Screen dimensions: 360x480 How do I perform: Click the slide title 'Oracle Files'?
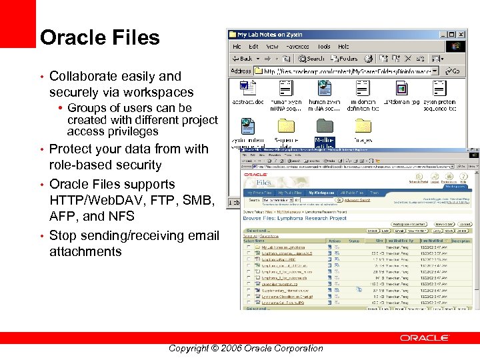(x=100, y=37)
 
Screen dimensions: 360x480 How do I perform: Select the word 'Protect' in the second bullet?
(x=71, y=149)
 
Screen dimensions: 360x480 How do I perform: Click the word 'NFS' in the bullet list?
(x=121, y=216)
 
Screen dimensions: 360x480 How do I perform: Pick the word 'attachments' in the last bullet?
(x=85, y=251)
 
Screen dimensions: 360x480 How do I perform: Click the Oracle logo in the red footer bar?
(x=425, y=338)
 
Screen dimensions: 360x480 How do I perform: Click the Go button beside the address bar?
(x=453, y=71)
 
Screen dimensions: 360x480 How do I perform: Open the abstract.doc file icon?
(x=247, y=89)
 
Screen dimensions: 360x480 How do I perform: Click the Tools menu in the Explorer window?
(x=324, y=47)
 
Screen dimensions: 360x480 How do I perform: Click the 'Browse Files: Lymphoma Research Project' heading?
(x=295, y=218)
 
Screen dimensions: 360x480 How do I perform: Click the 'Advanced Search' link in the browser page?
(x=357, y=200)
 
